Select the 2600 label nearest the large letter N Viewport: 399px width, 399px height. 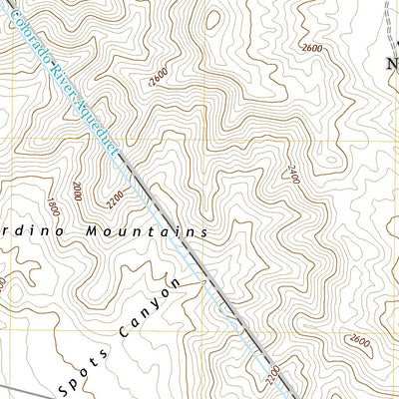click(x=311, y=48)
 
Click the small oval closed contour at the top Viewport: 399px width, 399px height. click(x=212, y=20)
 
